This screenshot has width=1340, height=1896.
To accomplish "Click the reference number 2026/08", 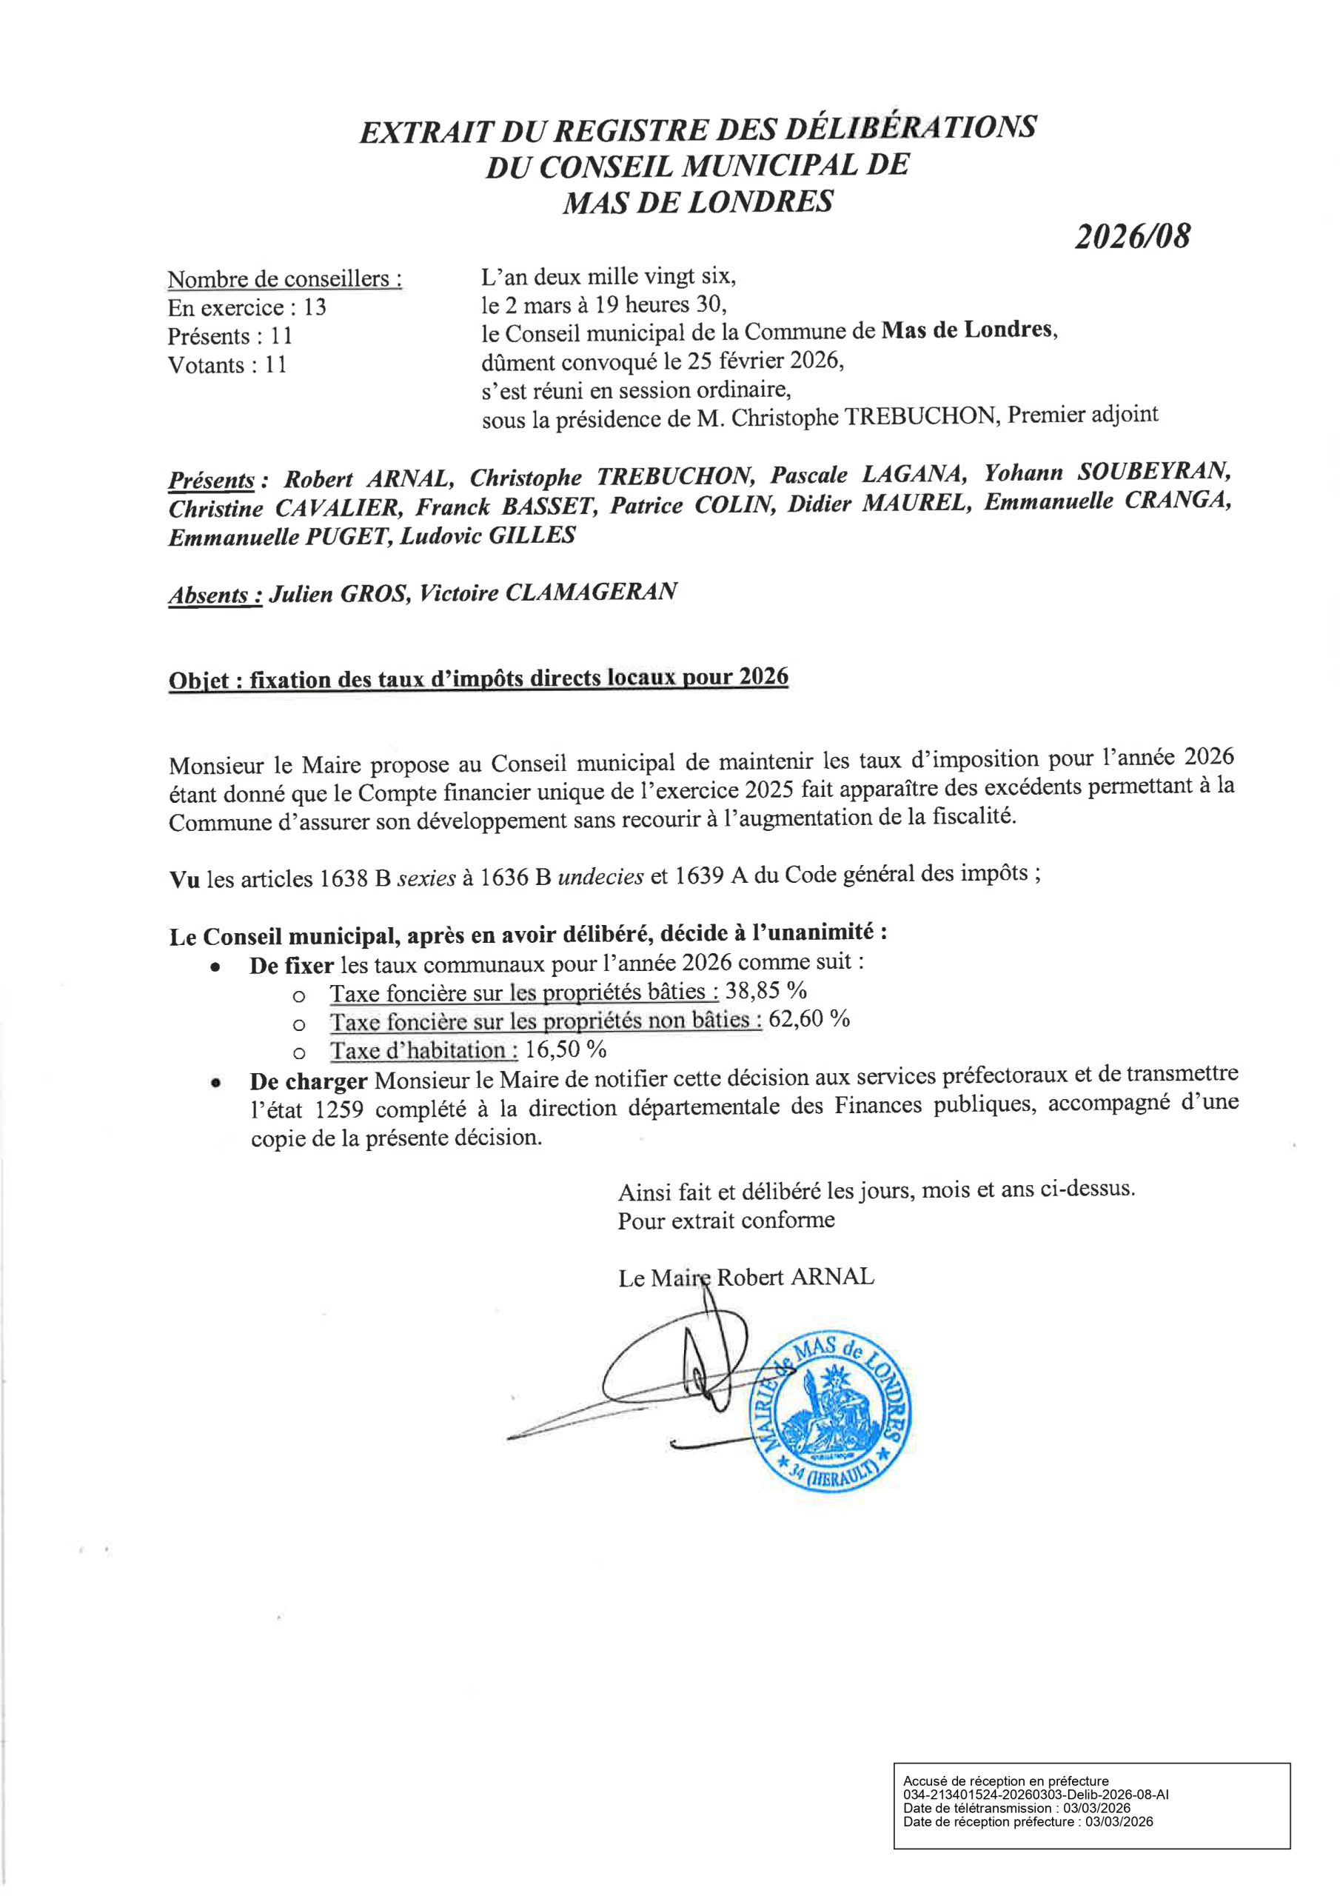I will pos(1133,237).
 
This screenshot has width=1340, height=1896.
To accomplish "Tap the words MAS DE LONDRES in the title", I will pos(697,202).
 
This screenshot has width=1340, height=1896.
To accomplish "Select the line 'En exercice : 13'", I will pos(247,308).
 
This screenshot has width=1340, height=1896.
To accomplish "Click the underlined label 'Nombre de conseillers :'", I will pos(285,279).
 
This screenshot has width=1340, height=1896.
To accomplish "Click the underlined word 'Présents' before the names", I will pos(211,480).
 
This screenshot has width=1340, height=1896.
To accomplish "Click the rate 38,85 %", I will pos(766,990).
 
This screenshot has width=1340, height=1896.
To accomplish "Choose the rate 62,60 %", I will pos(809,1019).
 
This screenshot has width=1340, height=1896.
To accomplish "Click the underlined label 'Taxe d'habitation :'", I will pos(424,1050).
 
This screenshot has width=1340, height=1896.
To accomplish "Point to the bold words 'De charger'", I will pos(308,1081).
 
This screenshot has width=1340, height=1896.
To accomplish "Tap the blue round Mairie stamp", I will pos(834,1412).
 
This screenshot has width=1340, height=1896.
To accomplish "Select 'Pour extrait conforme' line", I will pos(726,1220).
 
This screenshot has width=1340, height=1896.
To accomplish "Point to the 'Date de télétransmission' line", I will pos(1016,1809).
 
